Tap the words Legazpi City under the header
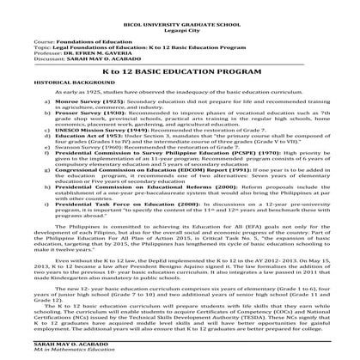click(180, 22)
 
